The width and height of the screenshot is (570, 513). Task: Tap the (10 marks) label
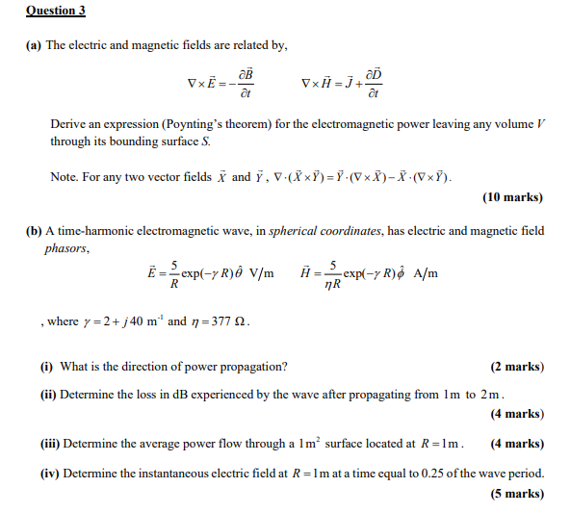coord(511,198)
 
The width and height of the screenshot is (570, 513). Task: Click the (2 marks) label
coord(516,367)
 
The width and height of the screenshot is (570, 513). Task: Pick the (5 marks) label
coord(516,494)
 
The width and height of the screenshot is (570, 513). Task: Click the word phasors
coord(66,248)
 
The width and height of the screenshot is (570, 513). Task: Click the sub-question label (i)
coord(46,367)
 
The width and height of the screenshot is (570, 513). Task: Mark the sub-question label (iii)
coord(50,444)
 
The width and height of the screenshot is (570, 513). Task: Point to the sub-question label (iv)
coord(49,473)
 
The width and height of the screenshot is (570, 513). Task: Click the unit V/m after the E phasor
coord(261,273)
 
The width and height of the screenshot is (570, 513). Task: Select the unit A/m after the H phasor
coord(425,273)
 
